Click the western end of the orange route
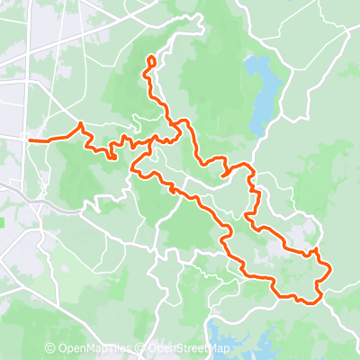pyautogui.click(x=30, y=140)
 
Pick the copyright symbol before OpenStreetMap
pyautogui.click(x=141, y=349)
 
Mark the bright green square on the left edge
pyautogui.click(x=3, y=219)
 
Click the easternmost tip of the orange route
pyautogui.click(x=330, y=268)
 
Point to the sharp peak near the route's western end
pyautogui.click(x=81, y=124)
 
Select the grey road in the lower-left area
pyautogui.click(x=54, y=205)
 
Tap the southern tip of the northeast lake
pyautogui.click(x=256, y=131)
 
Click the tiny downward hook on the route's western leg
pyautogui.click(x=112, y=157)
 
